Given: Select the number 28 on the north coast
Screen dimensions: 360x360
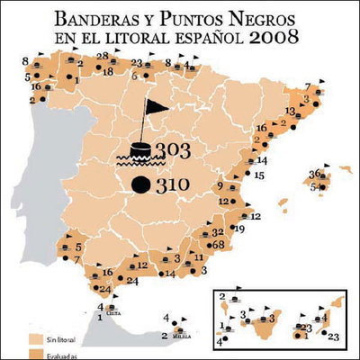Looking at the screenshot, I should coord(103,56).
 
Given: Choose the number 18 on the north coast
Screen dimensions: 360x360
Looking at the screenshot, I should coord(108,71).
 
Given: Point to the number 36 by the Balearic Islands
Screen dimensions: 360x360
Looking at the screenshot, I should coord(315,173).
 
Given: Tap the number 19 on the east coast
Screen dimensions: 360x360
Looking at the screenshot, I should coord(238,229).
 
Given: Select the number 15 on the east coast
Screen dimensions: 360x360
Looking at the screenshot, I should coord(258,176).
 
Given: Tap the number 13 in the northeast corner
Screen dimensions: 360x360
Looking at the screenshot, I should coord(291,111).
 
